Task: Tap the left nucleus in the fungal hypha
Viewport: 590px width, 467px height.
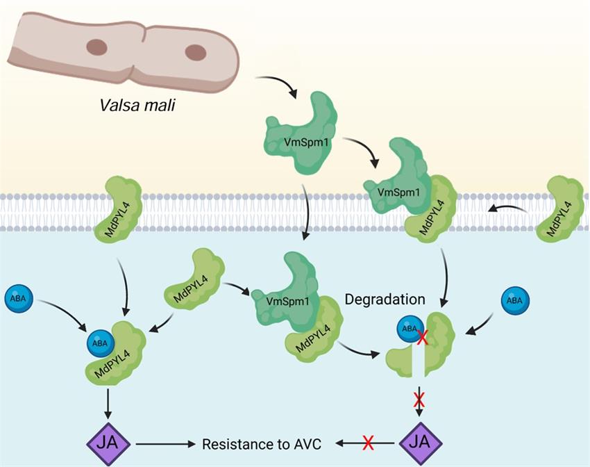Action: coord(95,48)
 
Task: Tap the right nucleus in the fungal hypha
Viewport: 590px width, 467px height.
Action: coord(196,52)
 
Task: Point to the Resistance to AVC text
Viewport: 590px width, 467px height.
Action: coord(265,443)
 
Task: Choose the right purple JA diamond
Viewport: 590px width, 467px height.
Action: coord(419,443)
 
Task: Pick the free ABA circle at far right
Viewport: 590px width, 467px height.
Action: coord(514,300)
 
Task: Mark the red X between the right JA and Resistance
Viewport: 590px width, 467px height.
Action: coord(369,443)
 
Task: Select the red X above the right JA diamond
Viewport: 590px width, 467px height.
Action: coord(419,400)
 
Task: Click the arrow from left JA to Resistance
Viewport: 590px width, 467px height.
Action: coord(167,443)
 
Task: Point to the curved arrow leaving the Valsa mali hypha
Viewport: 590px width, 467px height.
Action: coord(278,83)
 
